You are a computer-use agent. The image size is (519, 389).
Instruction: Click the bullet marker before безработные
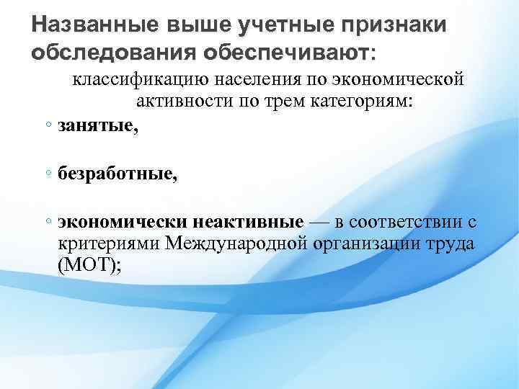(x=46, y=173)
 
